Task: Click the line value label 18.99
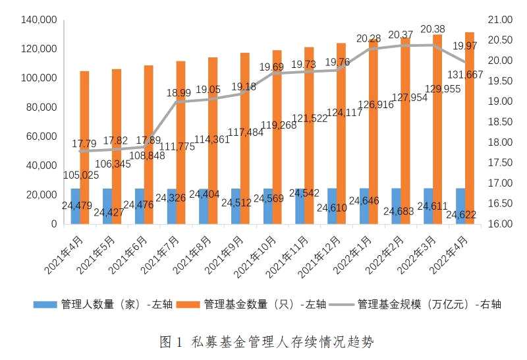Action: (179, 93)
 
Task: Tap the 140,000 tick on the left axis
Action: (39, 20)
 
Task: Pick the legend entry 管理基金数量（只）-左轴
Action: (264, 304)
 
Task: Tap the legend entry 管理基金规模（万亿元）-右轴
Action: (429, 304)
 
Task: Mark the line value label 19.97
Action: (464, 45)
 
